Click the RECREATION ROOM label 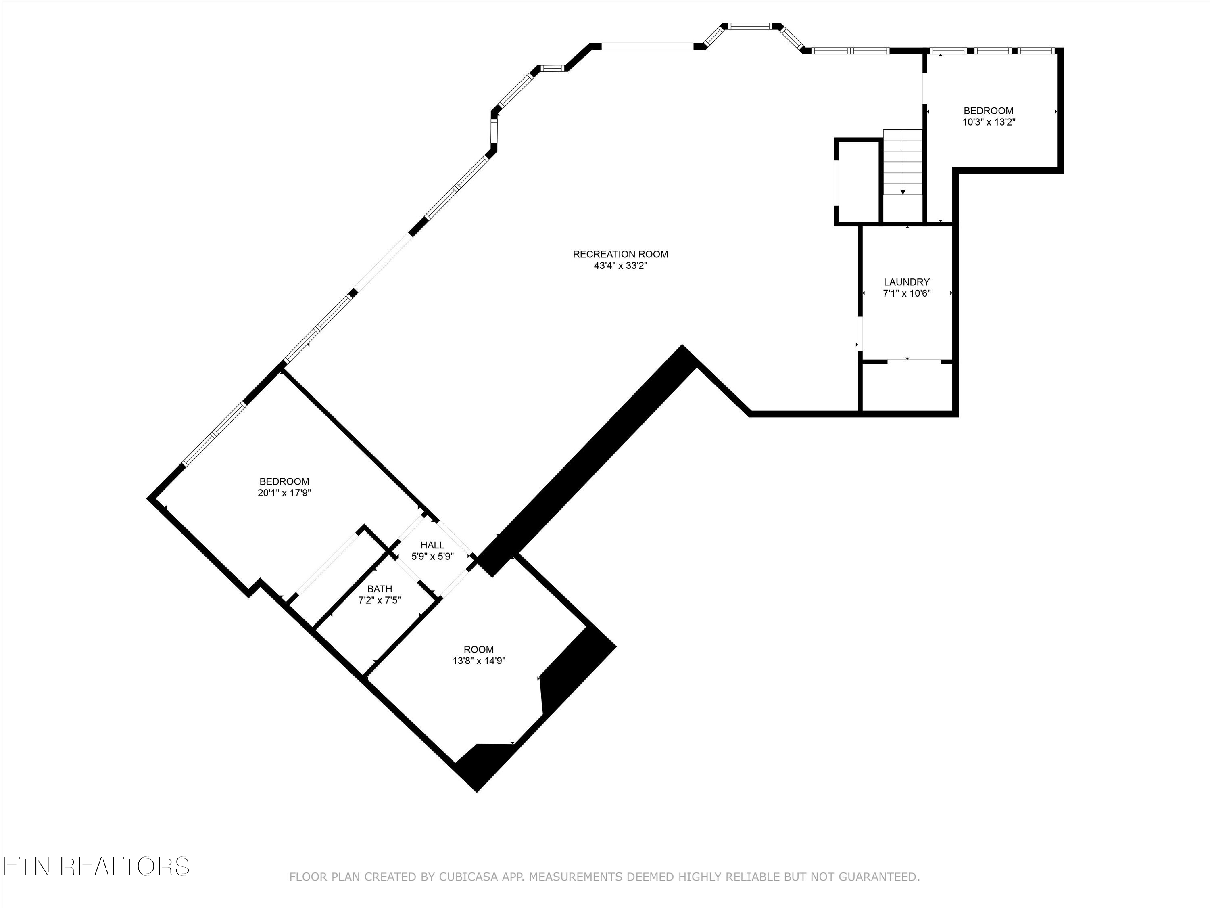pyautogui.click(x=620, y=254)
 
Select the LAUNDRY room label pyautogui.click(x=906, y=282)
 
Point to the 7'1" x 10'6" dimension pyautogui.click(x=906, y=293)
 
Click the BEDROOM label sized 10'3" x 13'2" pyautogui.click(x=989, y=111)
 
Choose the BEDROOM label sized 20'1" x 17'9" pyautogui.click(x=284, y=481)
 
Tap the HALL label pyautogui.click(x=432, y=545)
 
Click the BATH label pyautogui.click(x=380, y=589)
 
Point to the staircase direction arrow pyautogui.click(x=903, y=190)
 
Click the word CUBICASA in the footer pyautogui.click(x=468, y=877)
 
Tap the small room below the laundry pyautogui.click(x=907, y=387)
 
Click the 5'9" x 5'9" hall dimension pyautogui.click(x=432, y=557)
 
